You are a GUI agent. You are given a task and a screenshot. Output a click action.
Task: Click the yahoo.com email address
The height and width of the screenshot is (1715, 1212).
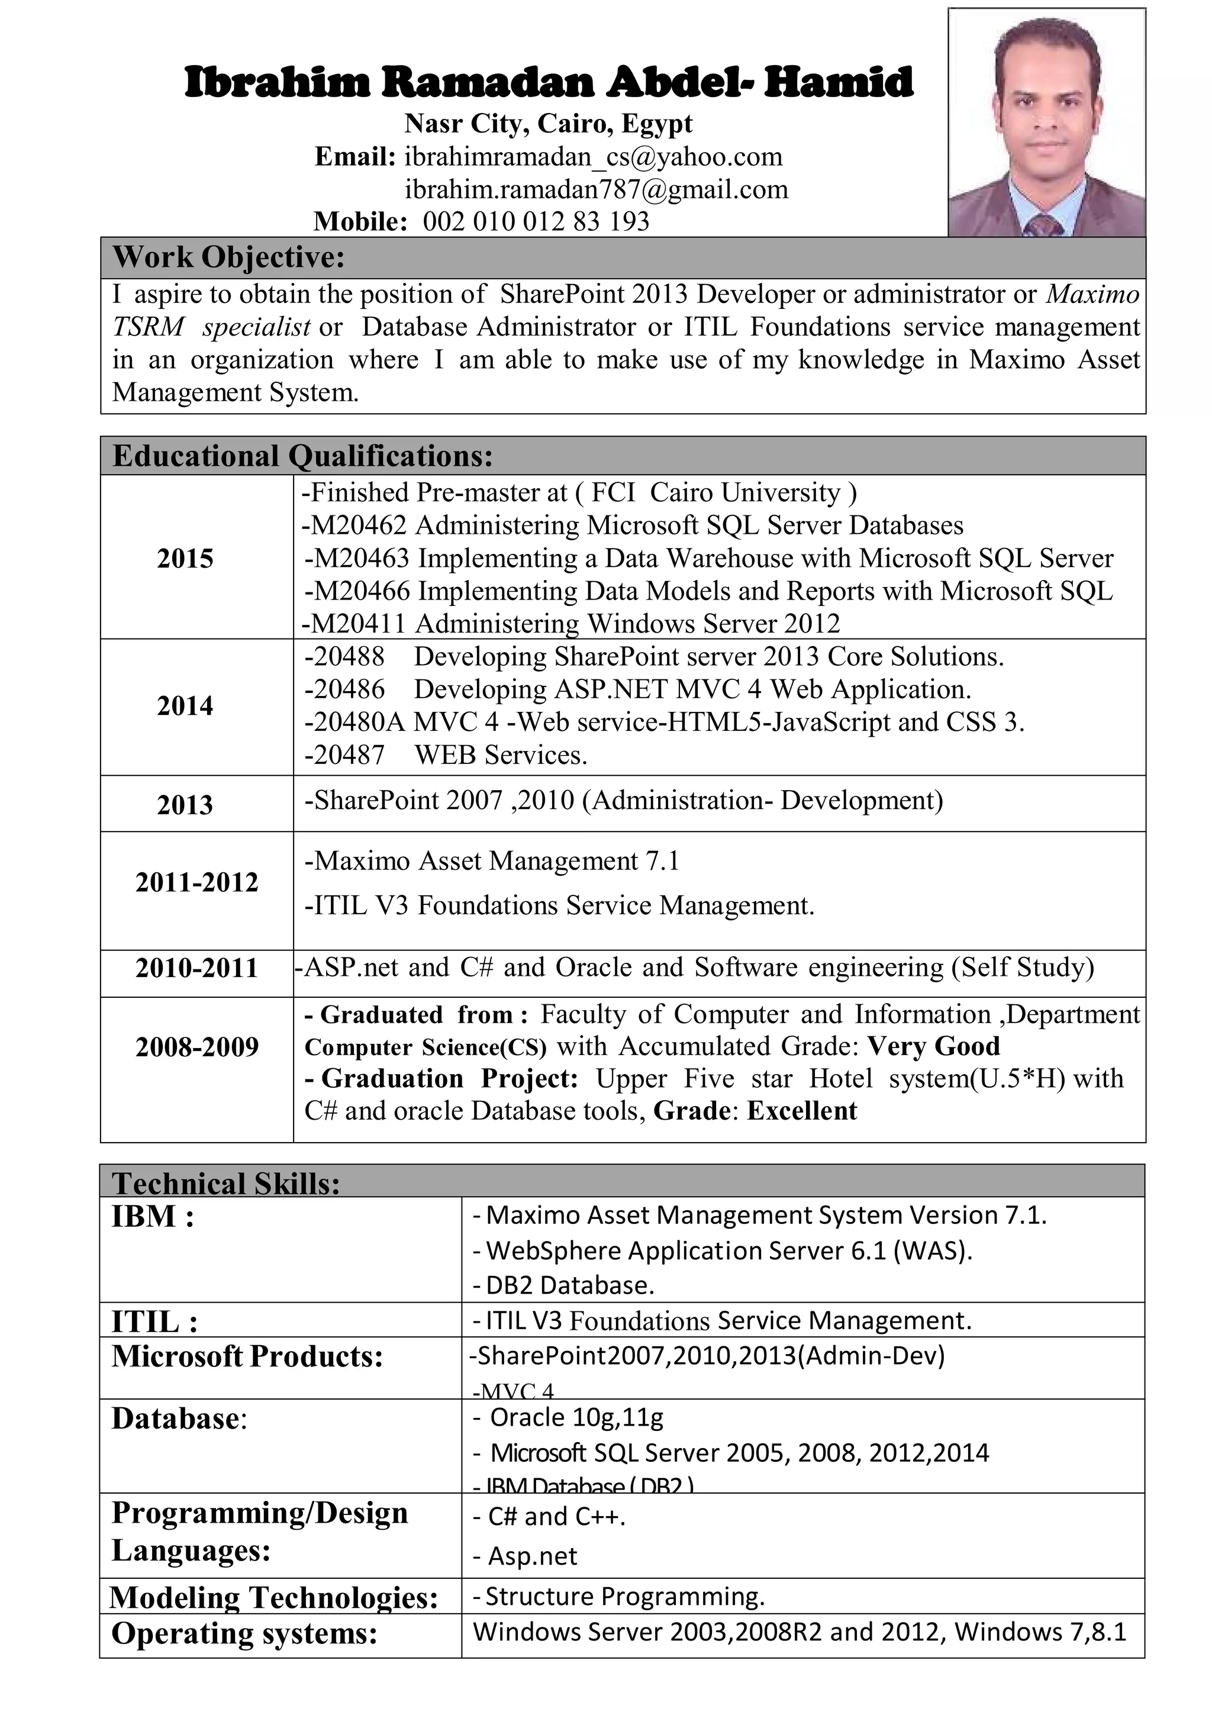click(593, 157)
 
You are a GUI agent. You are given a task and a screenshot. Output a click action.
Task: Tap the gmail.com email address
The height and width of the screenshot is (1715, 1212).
click(596, 190)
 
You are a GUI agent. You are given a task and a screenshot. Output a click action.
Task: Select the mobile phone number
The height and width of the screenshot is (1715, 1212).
click(536, 222)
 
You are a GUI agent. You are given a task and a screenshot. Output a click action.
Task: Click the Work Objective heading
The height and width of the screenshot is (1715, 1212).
click(228, 257)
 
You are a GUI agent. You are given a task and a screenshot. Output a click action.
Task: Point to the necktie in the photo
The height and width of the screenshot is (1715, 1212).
click(1045, 225)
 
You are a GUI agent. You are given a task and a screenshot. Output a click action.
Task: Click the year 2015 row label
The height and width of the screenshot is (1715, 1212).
click(185, 559)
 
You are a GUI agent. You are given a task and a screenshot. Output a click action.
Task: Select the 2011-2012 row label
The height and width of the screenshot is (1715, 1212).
click(196, 882)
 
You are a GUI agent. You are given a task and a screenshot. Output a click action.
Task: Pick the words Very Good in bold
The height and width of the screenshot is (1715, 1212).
click(933, 1046)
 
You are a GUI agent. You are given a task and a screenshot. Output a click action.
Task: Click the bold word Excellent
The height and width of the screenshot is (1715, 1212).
click(801, 1111)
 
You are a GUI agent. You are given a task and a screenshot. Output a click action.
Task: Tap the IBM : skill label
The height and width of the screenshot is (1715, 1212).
click(153, 1217)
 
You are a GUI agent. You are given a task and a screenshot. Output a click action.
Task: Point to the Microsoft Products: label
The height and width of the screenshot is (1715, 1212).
click(247, 1356)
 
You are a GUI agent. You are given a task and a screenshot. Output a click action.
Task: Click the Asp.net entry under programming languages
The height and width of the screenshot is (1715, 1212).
click(533, 1556)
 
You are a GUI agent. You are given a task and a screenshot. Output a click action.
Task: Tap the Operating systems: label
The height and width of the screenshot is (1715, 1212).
click(244, 1633)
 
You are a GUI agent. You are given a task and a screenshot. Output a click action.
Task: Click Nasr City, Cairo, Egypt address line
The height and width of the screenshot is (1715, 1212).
click(548, 123)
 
